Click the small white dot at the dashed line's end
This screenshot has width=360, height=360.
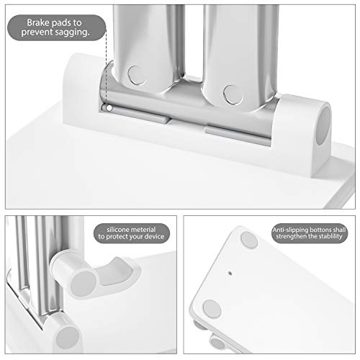[107, 107]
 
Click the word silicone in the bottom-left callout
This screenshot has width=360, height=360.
[118, 228]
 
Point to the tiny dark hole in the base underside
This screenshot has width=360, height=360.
[230, 274]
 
